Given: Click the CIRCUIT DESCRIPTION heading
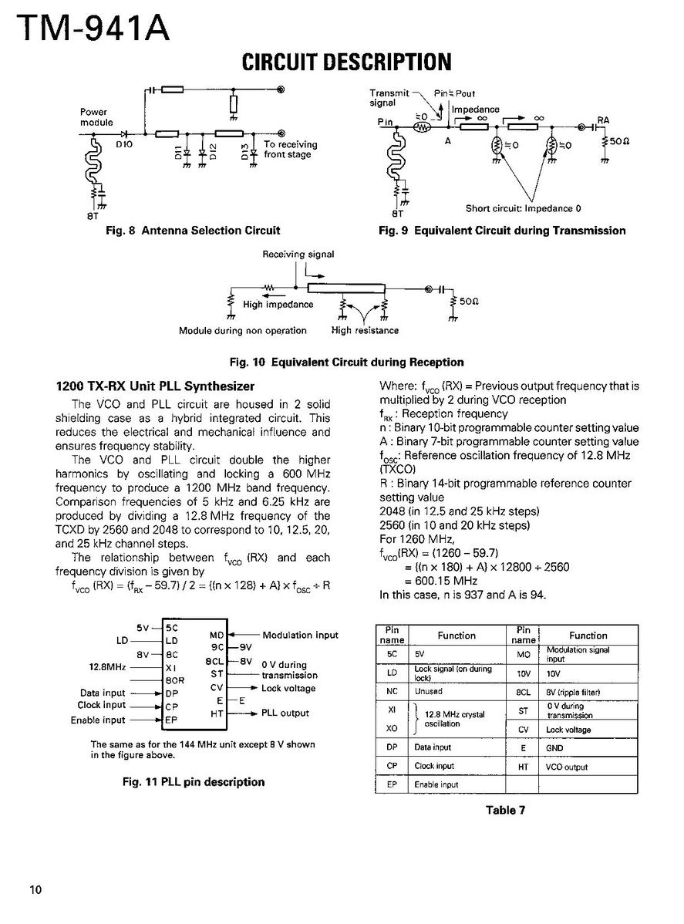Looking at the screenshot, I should click(x=346, y=62).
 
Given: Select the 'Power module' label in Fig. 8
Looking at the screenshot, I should click(x=96, y=117).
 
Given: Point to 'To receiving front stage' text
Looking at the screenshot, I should click(x=290, y=150).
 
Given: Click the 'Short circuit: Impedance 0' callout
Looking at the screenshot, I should click(x=523, y=208).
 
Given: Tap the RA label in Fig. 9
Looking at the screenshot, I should click(x=603, y=121).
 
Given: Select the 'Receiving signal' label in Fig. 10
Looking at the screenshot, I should click(x=298, y=254).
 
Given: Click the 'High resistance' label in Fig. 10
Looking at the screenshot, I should click(x=365, y=330).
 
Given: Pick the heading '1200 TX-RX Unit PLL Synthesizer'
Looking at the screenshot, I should click(x=155, y=386).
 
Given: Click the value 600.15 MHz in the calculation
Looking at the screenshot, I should click(x=440, y=581).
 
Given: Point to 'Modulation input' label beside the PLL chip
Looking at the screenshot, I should click(x=300, y=635).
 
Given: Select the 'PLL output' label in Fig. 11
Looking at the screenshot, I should click(x=285, y=713).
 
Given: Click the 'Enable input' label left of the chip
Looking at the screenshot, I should click(x=97, y=720).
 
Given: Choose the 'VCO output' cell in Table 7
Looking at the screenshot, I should click(x=567, y=767).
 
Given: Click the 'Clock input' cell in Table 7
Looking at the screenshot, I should click(x=434, y=766).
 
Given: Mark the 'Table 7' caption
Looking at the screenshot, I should click(x=506, y=810).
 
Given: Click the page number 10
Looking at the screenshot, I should click(x=35, y=890).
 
